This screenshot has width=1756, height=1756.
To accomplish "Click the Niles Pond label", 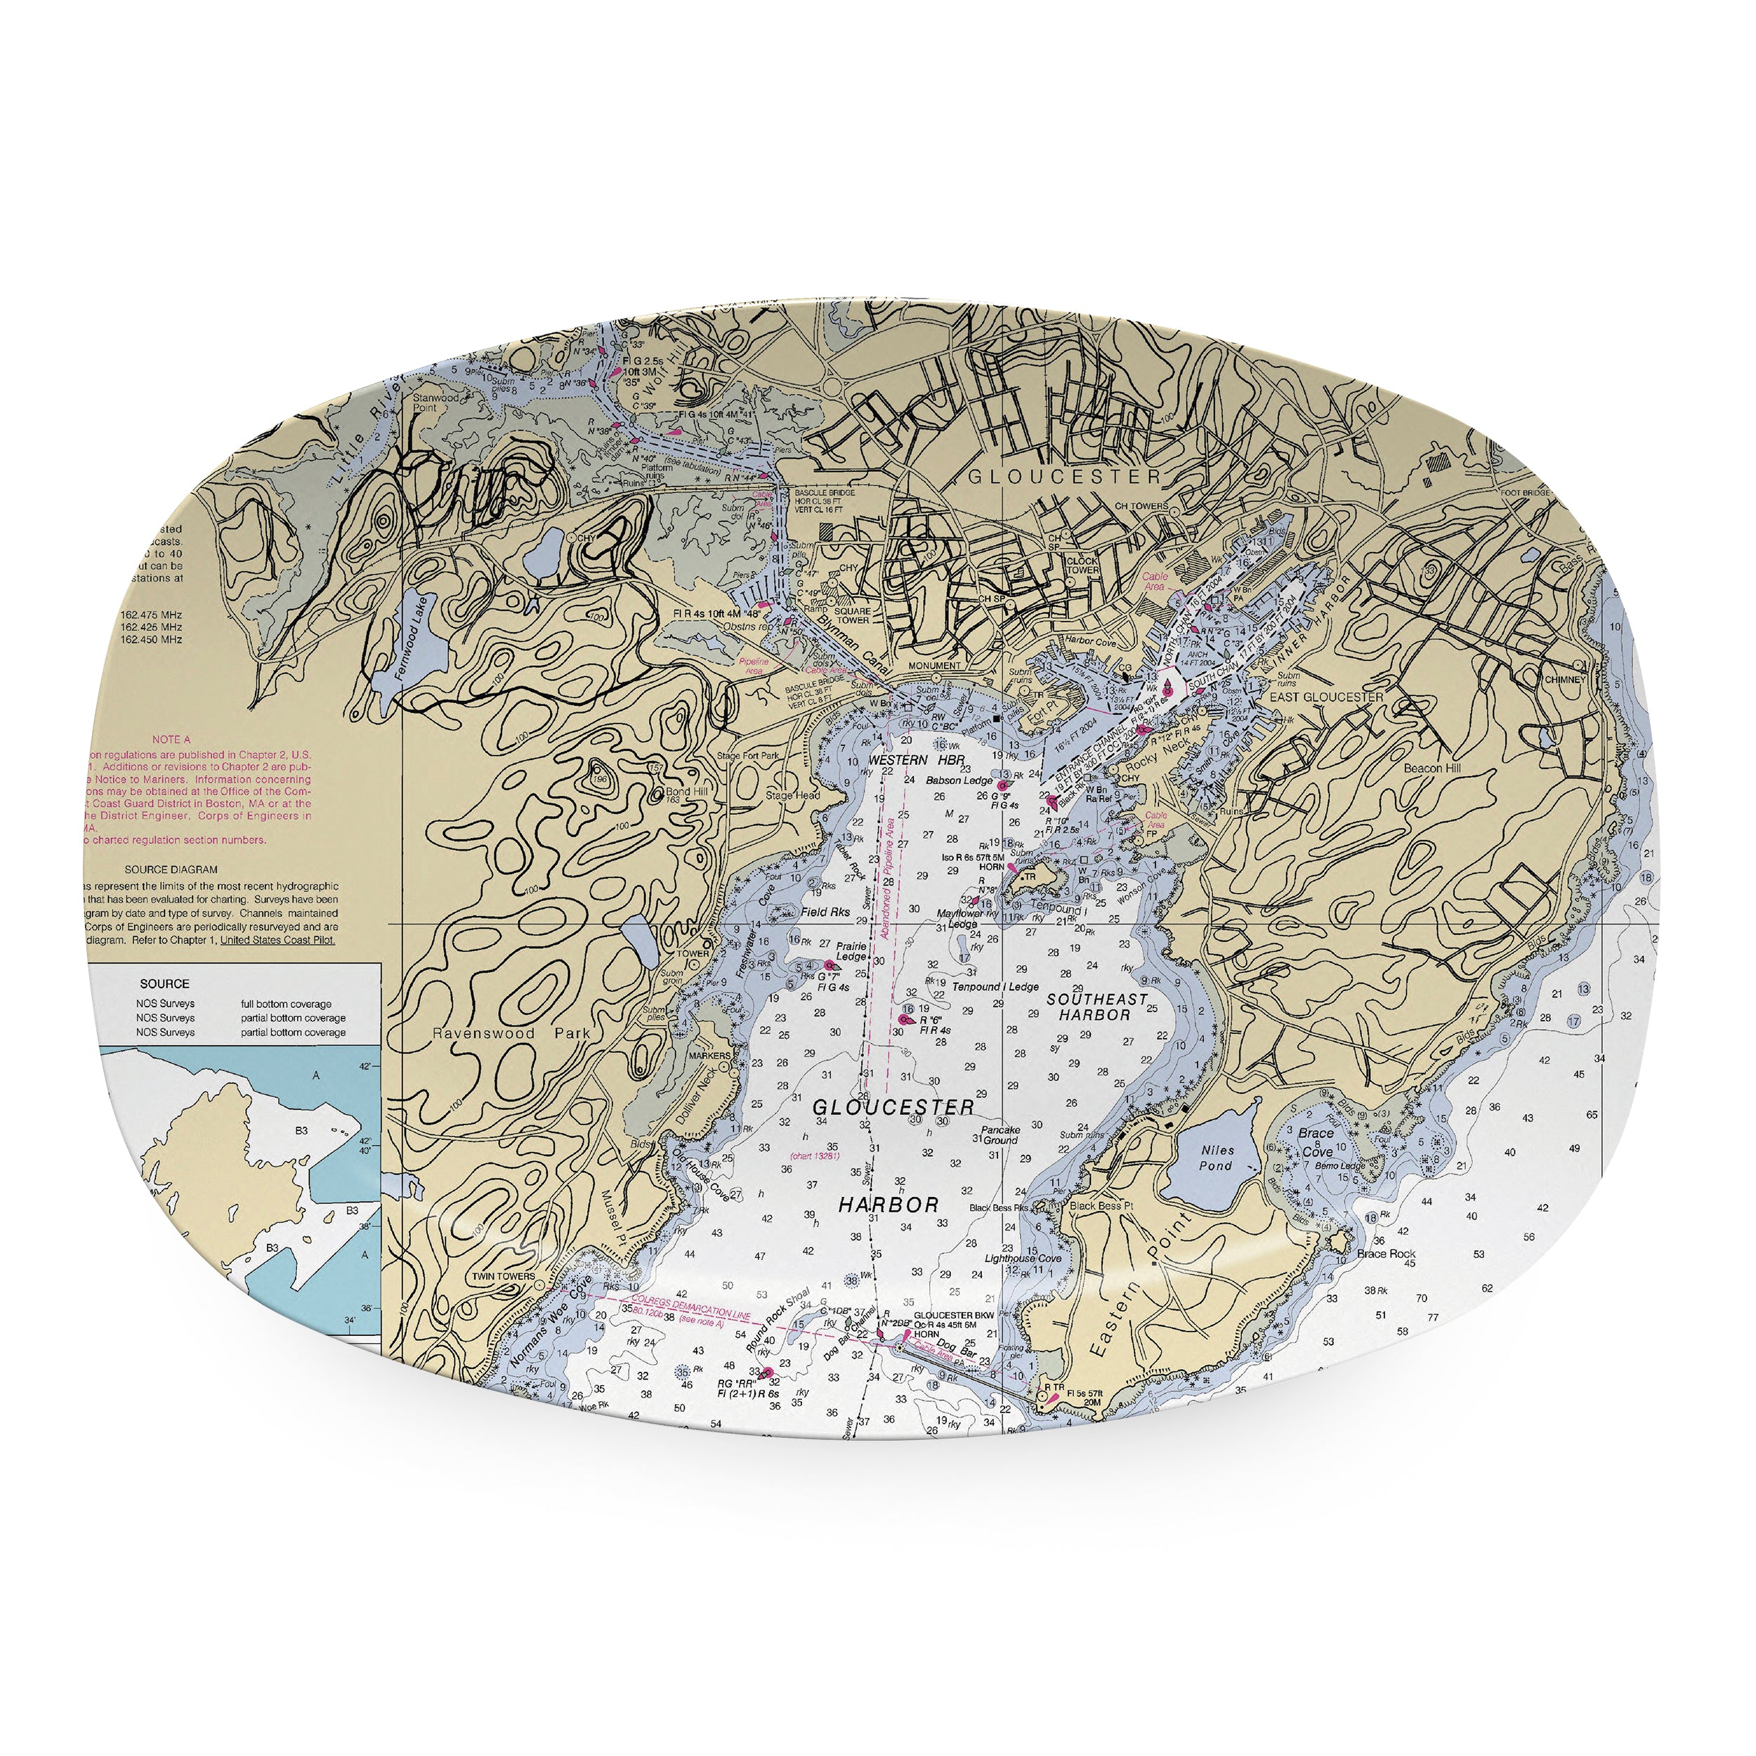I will [1216, 1158].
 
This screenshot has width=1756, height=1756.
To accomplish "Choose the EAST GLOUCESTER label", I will [1326, 697].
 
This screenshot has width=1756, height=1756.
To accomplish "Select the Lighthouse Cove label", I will [1023, 1259].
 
